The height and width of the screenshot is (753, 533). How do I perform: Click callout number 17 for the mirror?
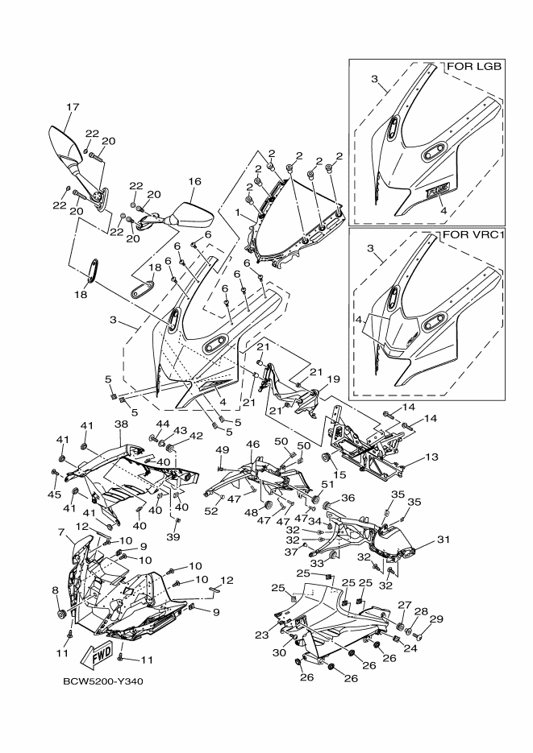pos(73,106)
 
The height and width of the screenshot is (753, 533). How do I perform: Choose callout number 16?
pos(194,182)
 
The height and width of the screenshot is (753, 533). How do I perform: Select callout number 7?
pos(60,533)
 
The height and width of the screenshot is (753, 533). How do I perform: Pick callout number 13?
pos(432,457)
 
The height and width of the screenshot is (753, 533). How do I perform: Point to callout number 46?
pos(252,445)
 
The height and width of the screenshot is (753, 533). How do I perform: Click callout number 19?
pos(333,378)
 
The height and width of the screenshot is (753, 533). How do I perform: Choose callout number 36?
pos(349,498)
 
